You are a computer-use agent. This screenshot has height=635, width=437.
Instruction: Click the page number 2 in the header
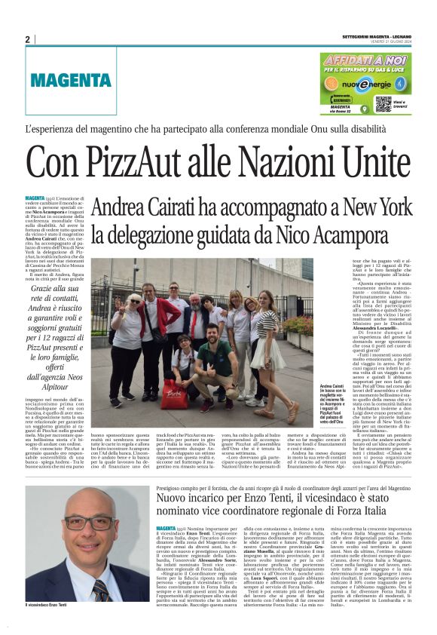point(27,39)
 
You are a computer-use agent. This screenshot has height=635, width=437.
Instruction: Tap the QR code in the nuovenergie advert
point(383,103)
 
